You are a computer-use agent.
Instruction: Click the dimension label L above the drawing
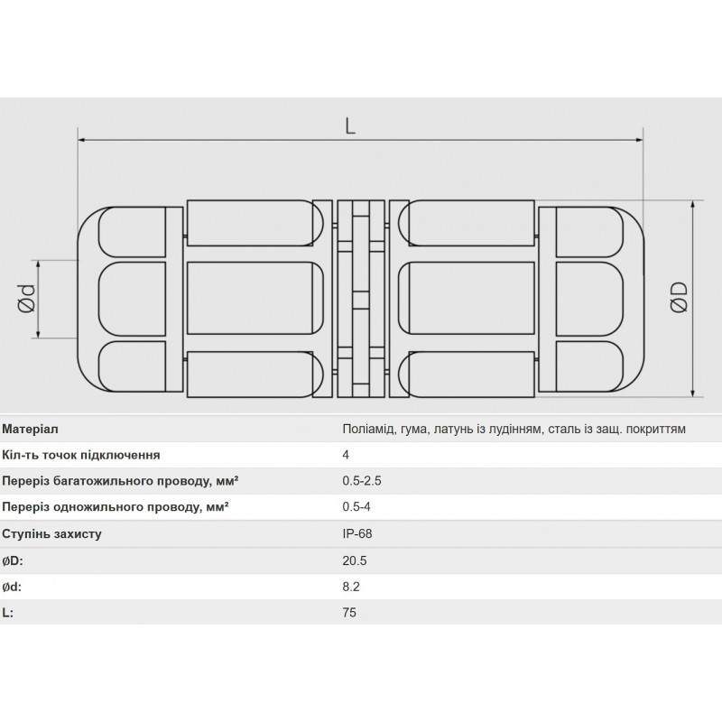click(350, 127)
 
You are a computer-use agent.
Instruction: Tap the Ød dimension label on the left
click(27, 300)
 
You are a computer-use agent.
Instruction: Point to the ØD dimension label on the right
click(680, 298)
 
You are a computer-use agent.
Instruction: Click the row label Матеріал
click(32, 428)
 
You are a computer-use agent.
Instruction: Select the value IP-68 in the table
click(357, 533)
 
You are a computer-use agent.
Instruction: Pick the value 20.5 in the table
click(355, 560)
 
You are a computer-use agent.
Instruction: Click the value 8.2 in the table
click(352, 586)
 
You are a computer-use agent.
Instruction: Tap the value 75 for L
click(349, 612)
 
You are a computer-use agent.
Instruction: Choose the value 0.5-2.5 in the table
click(361, 481)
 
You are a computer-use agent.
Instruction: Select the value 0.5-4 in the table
click(356, 507)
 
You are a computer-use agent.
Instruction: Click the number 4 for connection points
click(346, 455)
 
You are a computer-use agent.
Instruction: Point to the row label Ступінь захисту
click(52, 533)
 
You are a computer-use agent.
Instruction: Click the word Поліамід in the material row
click(367, 428)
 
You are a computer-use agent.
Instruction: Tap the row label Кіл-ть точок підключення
click(82, 455)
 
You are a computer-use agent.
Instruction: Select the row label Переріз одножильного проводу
click(115, 507)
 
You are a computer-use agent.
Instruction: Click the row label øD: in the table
click(14, 560)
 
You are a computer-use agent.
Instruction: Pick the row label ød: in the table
click(14, 586)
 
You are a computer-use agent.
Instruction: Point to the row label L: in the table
click(9, 612)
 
